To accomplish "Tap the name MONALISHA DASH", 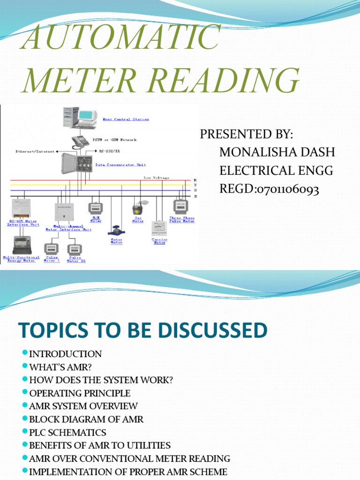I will point(277,152).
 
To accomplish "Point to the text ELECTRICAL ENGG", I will point(276,171).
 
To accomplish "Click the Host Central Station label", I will point(126,120).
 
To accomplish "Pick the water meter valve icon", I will point(115,230).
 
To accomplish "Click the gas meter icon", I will point(137,208).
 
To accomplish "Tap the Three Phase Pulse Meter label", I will point(182,220).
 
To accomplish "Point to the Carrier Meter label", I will point(159,241).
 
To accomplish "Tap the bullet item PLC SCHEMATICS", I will point(67,432).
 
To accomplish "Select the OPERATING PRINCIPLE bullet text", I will point(80,393).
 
